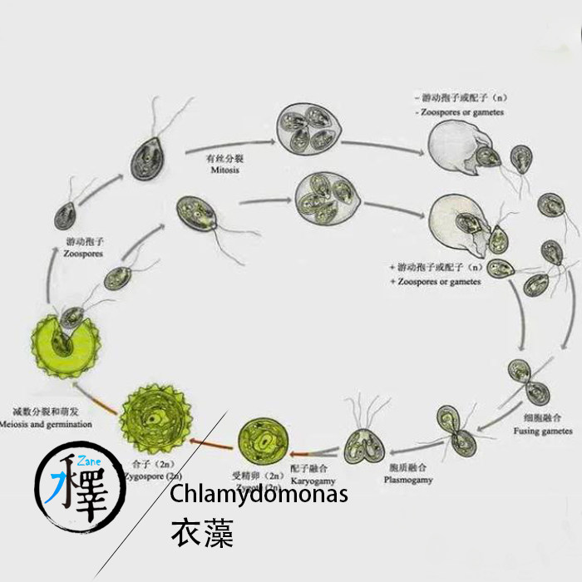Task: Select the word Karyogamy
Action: [x=310, y=480]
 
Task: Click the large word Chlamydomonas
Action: [x=259, y=494]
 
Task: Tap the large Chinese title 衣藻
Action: [x=201, y=533]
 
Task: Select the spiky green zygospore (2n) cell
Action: [x=155, y=413]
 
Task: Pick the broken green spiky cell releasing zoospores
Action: [x=60, y=342]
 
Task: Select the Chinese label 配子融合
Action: [x=307, y=469]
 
